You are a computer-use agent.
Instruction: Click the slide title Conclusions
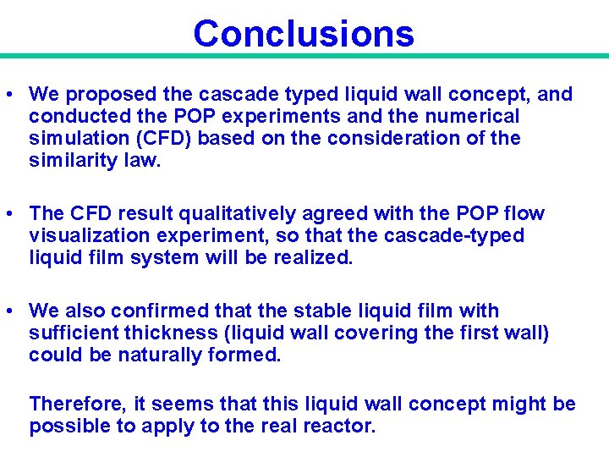coord(304,33)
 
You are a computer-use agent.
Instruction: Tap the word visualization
coord(87,235)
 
